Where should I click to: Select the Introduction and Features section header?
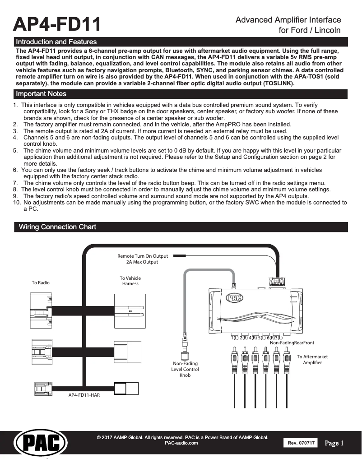[x=56, y=42]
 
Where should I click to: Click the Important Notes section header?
[x=41, y=94]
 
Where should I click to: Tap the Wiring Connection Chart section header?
[x=57, y=227]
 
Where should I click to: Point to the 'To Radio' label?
[x=41, y=283]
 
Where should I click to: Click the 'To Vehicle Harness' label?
[x=130, y=281]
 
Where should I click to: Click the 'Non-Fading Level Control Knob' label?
[x=185, y=369]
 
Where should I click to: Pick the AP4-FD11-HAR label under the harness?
[x=84, y=395]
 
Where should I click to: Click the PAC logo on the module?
[x=235, y=297]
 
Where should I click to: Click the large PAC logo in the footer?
[x=41, y=443]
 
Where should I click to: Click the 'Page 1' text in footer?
[x=334, y=443]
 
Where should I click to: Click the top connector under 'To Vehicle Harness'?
[x=130, y=311]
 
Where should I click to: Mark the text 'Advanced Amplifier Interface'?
[x=288, y=20]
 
